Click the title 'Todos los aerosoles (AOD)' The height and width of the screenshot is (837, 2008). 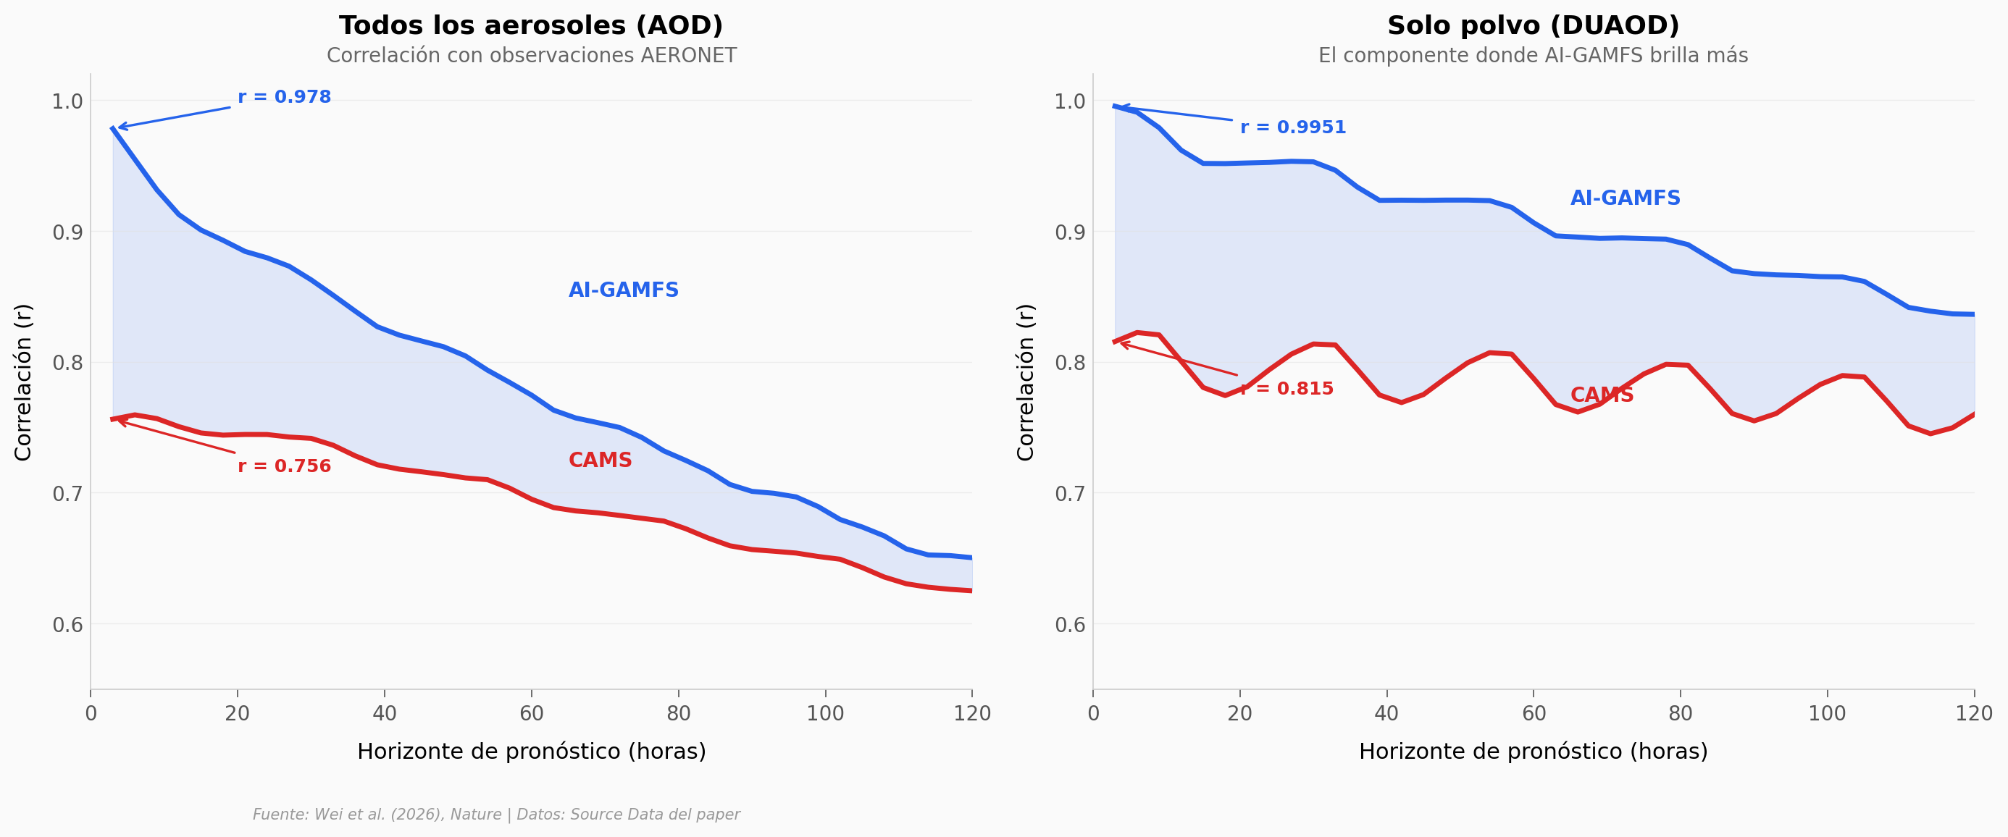click(x=531, y=26)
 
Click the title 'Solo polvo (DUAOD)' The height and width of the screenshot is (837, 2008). click(x=1533, y=26)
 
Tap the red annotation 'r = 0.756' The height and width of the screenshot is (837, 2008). click(x=285, y=466)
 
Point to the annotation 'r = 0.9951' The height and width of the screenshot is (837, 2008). click(x=1292, y=127)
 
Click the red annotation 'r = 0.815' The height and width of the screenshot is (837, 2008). click(x=1287, y=388)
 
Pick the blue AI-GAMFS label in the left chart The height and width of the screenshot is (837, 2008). click(x=624, y=290)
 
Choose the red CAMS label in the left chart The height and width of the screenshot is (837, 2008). click(x=601, y=460)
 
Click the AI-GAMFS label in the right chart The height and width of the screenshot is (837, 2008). click(x=1626, y=198)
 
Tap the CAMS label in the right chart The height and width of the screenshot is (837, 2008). click(x=1602, y=395)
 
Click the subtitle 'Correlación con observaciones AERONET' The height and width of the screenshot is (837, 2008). click(x=531, y=56)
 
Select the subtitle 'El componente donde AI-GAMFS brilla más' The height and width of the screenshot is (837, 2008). click(x=1533, y=56)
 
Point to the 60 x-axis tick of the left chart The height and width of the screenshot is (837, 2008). click(x=532, y=713)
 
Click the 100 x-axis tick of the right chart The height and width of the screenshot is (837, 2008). click(x=1826, y=713)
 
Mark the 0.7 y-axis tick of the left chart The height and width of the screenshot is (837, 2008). click(x=67, y=493)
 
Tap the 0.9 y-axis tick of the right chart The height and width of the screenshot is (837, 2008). click(x=1069, y=232)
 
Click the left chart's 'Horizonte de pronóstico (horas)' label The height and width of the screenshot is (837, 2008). click(x=531, y=752)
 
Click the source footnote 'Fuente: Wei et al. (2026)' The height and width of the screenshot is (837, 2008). click(x=495, y=815)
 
